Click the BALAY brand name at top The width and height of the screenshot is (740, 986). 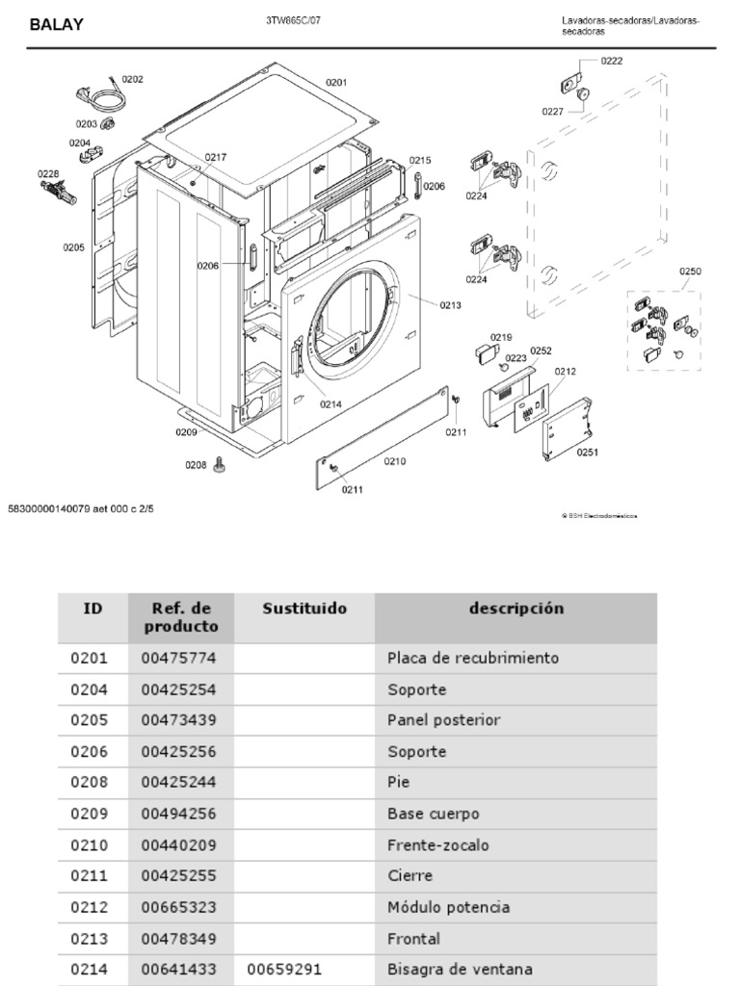(x=56, y=25)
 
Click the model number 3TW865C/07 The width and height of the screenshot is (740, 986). (x=294, y=20)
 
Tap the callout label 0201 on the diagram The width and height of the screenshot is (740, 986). (x=335, y=83)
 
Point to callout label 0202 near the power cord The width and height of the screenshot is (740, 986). (x=133, y=79)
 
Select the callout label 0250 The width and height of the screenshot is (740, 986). (x=690, y=272)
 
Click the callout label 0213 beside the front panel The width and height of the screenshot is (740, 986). (x=450, y=305)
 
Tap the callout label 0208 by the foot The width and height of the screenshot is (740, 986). (x=196, y=465)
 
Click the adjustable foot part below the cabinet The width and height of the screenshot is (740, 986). (x=221, y=466)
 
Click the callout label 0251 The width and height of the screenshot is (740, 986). (x=588, y=452)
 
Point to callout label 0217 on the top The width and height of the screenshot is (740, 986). (x=216, y=157)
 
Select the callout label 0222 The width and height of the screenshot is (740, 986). (x=612, y=62)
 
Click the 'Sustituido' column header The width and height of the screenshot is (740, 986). (x=304, y=609)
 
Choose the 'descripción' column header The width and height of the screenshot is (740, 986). (x=516, y=609)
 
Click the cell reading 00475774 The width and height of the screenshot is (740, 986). (x=179, y=659)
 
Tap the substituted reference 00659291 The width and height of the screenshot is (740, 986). (x=284, y=970)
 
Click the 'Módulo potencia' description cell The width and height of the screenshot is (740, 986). (x=448, y=907)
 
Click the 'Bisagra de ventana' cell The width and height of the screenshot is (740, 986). (x=460, y=970)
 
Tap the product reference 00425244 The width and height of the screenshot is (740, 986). (x=179, y=783)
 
